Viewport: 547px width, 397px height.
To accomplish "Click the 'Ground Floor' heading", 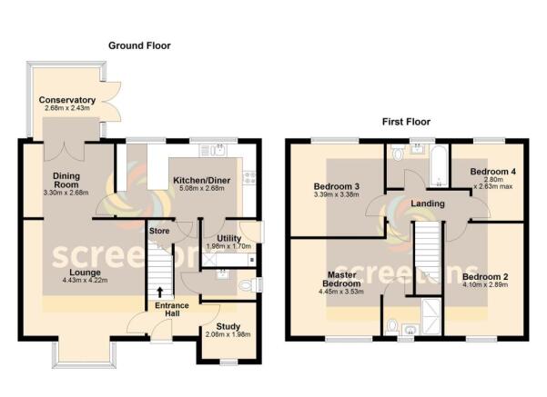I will (x=139, y=45).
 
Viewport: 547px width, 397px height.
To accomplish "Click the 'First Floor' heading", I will (x=405, y=121).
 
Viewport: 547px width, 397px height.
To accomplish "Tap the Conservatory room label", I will (x=66, y=100).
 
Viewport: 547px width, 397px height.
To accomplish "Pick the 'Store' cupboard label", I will (x=159, y=231).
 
